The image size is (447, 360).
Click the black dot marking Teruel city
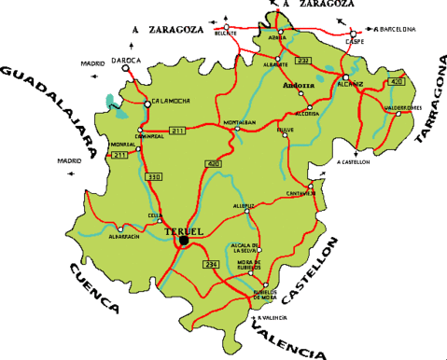(x=184, y=241)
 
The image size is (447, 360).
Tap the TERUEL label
(x=182, y=230)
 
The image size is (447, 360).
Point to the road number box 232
(x=302, y=61)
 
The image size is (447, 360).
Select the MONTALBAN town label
(x=239, y=122)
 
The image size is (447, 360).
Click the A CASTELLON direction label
(x=354, y=161)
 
